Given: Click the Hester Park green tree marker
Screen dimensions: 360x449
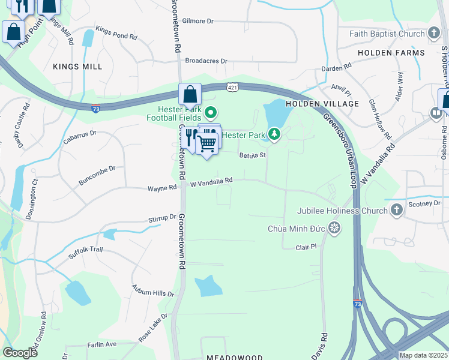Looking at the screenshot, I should click(274, 134).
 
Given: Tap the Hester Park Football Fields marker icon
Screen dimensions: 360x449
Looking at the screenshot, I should click(211, 112).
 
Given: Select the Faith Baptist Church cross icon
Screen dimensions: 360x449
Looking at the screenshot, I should click(433, 34).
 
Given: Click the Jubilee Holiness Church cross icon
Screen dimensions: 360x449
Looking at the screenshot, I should click(396, 210).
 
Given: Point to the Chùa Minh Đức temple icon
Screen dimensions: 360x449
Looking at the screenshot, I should click(334, 228).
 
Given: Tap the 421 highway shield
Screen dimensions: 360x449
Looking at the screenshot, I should click(232, 88).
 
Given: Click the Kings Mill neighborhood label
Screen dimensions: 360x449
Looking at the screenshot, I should click(77, 67).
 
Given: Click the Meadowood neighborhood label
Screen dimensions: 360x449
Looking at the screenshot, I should click(235, 357).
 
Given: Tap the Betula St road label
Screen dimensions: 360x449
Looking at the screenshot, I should click(252, 155).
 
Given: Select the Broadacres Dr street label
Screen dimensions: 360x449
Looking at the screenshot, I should click(206, 61).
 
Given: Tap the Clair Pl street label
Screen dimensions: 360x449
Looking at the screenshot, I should click(306, 247).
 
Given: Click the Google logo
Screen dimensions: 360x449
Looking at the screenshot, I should click(20, 353).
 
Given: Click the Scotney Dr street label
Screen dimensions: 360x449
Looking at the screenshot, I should click(424, 203).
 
